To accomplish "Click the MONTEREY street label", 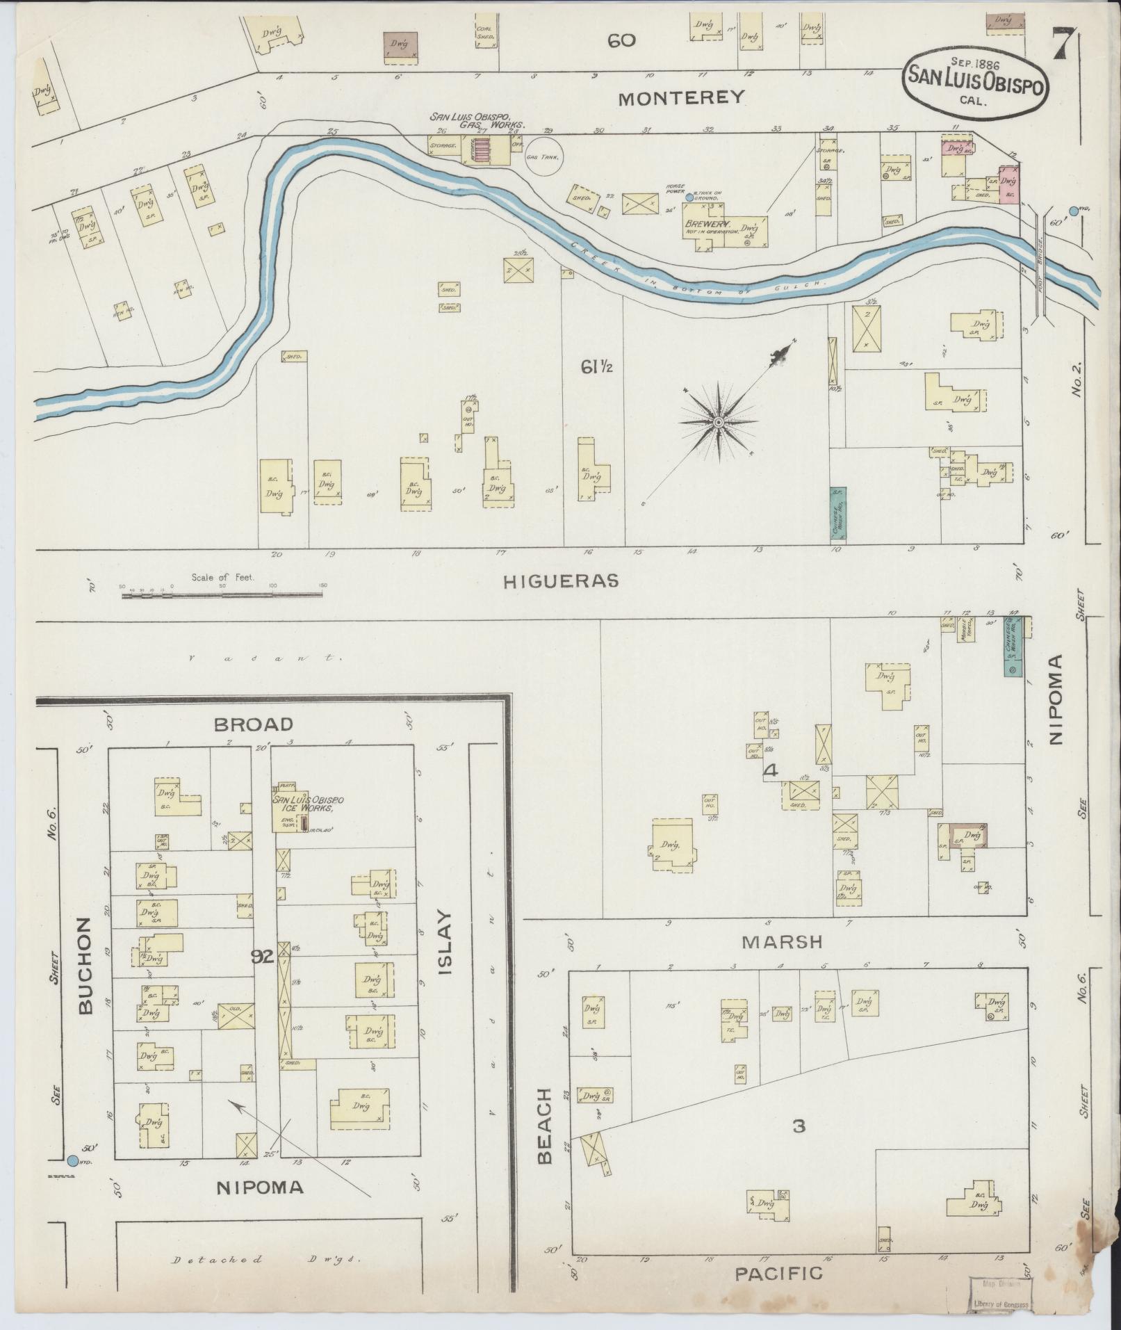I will (680, 97).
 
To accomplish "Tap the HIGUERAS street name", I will (560, 581).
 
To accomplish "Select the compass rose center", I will (719, 422).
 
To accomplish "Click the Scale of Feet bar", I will (223, 595).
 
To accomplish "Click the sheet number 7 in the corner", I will (1065, 45).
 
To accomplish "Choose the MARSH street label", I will (781, 942).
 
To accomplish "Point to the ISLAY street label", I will (445, 942).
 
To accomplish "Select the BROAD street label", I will (253, 724).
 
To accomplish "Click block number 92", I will (263, 958).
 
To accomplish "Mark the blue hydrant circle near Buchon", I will (73, 1160).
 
